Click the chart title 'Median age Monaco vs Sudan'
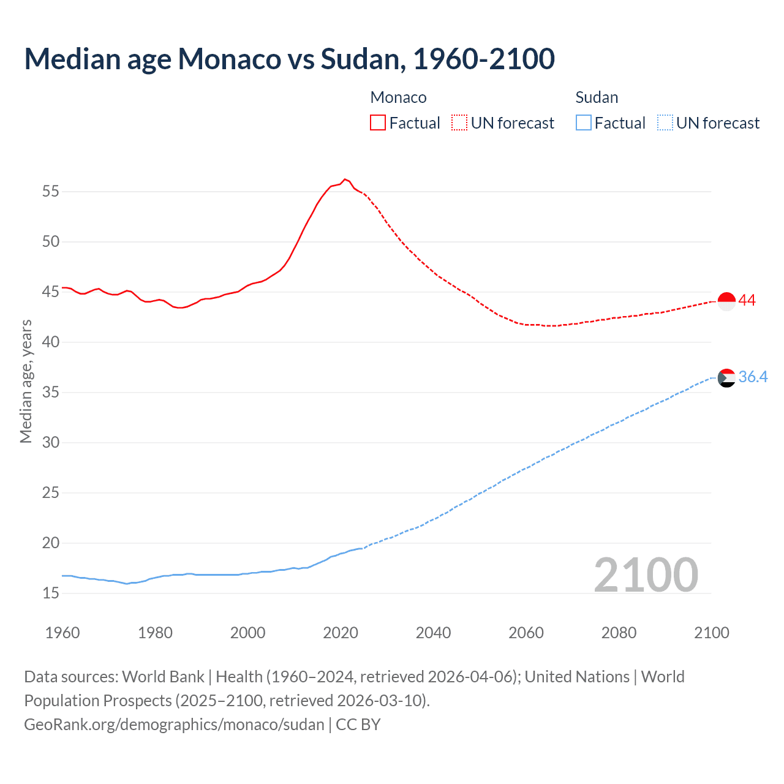coord(289,59)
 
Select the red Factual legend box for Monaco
coord(378,123)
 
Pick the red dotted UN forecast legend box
coord(459,123)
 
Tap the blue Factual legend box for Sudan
coord(584,123)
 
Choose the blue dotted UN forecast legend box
coord(665,123)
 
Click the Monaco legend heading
coord(398,97)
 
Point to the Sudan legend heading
coord(597,97)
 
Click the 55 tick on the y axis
coord(51,191)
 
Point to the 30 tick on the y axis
coord(51,442)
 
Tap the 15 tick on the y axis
coord(51,593)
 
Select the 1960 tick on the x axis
coord(62,633)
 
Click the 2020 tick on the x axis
coord(341,633)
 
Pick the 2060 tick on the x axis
coord(526,633)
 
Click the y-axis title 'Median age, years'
coord(26,381)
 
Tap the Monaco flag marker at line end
coord(726,301)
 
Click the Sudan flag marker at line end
coord(726,378)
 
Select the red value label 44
coord(747,301)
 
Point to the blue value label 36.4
coord(753,377)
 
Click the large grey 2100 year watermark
coord(646,575)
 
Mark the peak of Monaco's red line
coord(345,179)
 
